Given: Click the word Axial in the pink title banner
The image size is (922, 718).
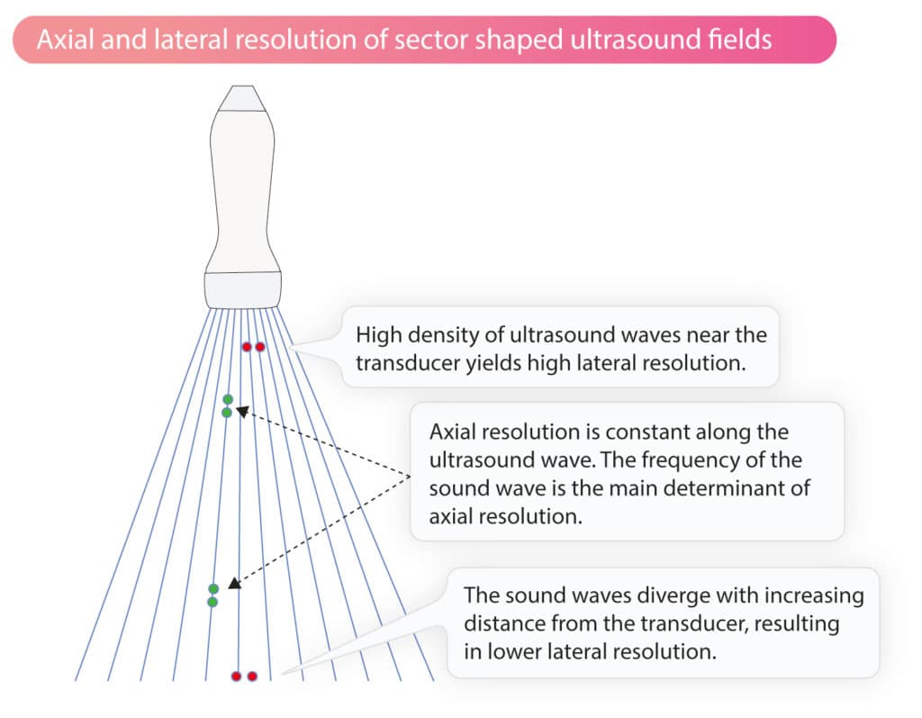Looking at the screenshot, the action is (x=65, y=40).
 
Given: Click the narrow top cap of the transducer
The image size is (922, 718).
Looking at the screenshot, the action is (x=242, y=98).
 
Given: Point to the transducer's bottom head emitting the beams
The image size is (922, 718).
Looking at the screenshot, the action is (x=243, y=289).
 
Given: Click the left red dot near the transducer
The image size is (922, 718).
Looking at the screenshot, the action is (x=247, y=347).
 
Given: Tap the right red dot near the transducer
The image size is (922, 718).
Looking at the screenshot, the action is (x=260, y=347).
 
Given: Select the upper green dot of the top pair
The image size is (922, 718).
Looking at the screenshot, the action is (x=228, y=400).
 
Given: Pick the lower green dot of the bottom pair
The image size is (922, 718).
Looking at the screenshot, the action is (x=212, y=602).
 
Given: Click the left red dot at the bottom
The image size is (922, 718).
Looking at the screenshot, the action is (x=237, y=677).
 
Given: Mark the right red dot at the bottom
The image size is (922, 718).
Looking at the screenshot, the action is (x=252, y=677).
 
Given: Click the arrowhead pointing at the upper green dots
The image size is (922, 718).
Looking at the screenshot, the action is (x=242, y=411).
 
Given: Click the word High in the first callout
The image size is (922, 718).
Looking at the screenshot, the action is (x=379, y=335).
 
